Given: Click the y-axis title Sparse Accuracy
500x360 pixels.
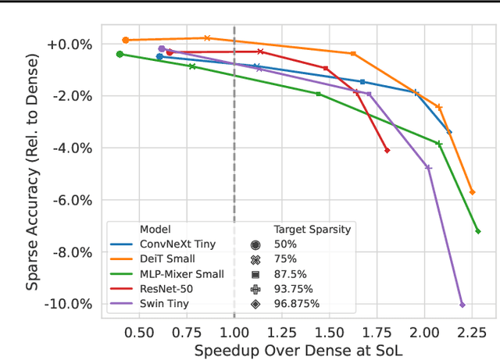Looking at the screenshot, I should (x=33, y=172).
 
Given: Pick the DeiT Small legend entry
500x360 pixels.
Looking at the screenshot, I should (x=166, y=259).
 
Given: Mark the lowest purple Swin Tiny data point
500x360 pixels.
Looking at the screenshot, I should (x=462, y=305).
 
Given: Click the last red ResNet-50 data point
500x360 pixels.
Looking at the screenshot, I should (x=387, y=150).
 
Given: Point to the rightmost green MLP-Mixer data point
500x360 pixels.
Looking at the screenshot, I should (x=477, y=231).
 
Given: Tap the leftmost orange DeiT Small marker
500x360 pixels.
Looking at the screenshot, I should (x=125, y=40).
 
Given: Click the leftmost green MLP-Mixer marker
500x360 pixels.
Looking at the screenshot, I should (x=120, y=54).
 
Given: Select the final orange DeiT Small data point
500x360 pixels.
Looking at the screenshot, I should (x=472, y=192).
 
